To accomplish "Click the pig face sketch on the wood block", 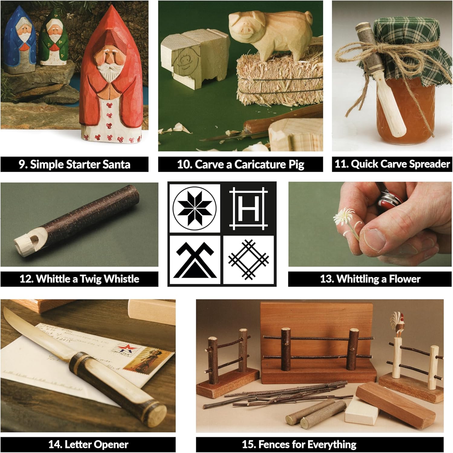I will (x=185, y=60).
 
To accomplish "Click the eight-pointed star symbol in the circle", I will (x=195, y=208).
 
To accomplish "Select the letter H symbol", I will (x=248, y=208).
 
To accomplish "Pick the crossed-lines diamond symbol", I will (x=248, y=260).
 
